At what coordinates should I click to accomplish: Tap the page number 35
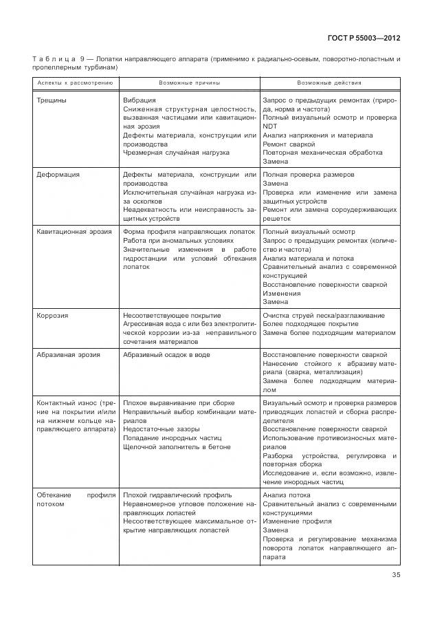(x=396, y=576)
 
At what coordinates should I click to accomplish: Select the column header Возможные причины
(x=190, y=83)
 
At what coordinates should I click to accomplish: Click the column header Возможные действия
(x=329, y=83)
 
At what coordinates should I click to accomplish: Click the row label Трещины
(x=52, y=100)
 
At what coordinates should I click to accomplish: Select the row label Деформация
(x=58, y=175)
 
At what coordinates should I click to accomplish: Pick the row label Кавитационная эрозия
(x=74, y=232)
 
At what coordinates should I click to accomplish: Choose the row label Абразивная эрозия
(x=68, y=355)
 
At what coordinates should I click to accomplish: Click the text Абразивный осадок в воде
(x=166, y=355)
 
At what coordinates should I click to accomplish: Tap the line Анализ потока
(x=287, y=495)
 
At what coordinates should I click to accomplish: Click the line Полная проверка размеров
(x=309, y=175)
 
